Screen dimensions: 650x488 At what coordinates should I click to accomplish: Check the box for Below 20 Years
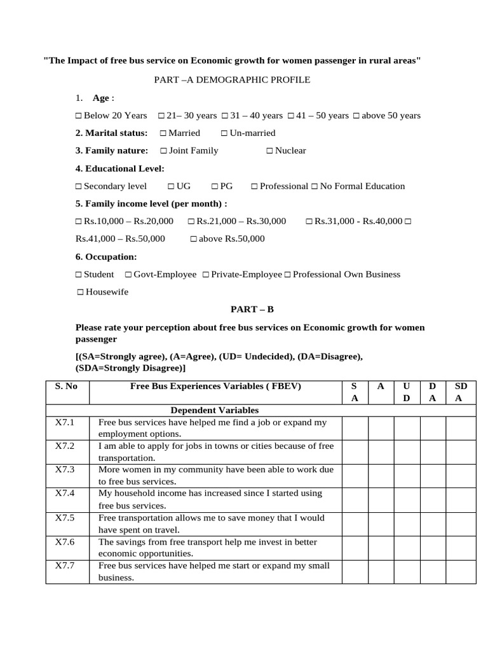coord(79,116)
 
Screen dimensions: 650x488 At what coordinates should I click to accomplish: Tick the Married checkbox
coord(163,133)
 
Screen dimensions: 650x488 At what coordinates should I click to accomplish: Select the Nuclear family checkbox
coord(269,151)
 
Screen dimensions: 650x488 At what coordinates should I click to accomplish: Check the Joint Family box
coord(163,151)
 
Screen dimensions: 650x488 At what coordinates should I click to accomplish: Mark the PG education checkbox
coord(215,187)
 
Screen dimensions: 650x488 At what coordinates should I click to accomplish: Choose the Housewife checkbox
coord(80,292)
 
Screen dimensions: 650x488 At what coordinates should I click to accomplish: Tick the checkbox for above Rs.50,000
coord(193,239)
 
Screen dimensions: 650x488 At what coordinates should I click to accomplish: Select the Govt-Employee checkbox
coord(128,275)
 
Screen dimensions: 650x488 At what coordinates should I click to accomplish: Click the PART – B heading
coord(252,309)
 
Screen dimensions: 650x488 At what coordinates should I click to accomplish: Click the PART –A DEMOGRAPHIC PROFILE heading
coord(232,79)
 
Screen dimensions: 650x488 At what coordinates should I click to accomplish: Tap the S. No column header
coord(67,386)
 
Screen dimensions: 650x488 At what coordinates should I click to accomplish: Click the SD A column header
coord(460,392)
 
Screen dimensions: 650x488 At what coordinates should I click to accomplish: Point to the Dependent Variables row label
coord(215,411)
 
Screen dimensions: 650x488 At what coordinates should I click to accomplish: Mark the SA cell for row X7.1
coord(355,428)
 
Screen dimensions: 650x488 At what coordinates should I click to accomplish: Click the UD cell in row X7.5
coord(407,524)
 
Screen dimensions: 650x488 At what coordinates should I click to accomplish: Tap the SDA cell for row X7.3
coord(460,475)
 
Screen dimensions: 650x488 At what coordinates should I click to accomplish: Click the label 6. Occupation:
coord(105,257)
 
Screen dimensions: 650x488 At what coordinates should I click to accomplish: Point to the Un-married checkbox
coord(224,133)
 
